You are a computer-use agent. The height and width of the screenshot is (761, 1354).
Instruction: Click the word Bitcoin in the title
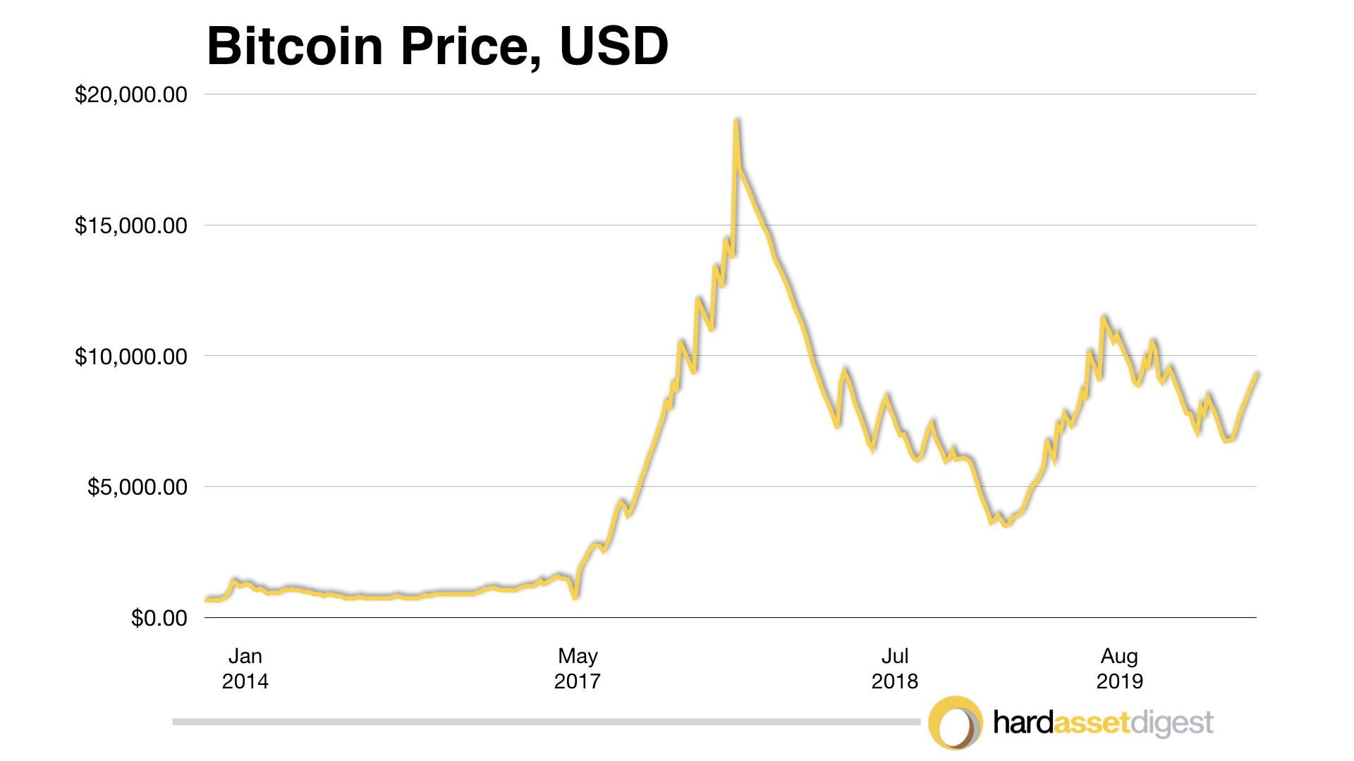tap(295, 47)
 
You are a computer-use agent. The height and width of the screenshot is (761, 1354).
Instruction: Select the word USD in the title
tap(614, 47)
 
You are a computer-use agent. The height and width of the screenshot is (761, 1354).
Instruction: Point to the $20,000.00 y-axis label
tap(131, 94)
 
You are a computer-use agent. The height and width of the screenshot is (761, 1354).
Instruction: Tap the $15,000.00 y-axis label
tap(131, 225)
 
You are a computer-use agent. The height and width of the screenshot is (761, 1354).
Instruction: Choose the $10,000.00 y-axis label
tap(131, 357)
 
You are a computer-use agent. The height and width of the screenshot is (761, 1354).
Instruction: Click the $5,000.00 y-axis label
tap(138, 487)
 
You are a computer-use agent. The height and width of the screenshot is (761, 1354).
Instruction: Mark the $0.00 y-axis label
tap(159, 618)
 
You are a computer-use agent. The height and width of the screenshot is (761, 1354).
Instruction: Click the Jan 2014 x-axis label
tap(245, 668)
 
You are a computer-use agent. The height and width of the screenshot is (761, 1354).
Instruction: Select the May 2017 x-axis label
tap(578, 668)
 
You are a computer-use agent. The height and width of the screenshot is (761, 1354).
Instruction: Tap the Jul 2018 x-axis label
tap(895, 668)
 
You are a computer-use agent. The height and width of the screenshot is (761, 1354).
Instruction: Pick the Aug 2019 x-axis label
tap(1120, 668)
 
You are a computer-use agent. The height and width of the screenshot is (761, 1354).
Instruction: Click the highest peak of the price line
tap(736, 122)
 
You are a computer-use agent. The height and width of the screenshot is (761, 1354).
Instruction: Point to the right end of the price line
tap(1257, 374)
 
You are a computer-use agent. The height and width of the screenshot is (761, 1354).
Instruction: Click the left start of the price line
tap(207, 600)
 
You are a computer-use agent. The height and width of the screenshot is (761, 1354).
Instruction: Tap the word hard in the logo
tap(1023, 723)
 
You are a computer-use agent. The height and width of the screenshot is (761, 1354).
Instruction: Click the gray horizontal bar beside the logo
tap(547, 722)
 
